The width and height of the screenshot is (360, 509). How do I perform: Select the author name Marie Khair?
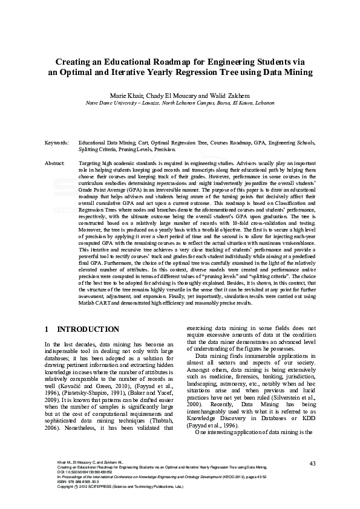pos(125,96)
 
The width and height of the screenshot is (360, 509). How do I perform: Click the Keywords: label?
pos(57,143)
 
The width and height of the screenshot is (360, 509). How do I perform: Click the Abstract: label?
pos(55,164)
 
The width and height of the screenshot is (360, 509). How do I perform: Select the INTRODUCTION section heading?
pos(88,329)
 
